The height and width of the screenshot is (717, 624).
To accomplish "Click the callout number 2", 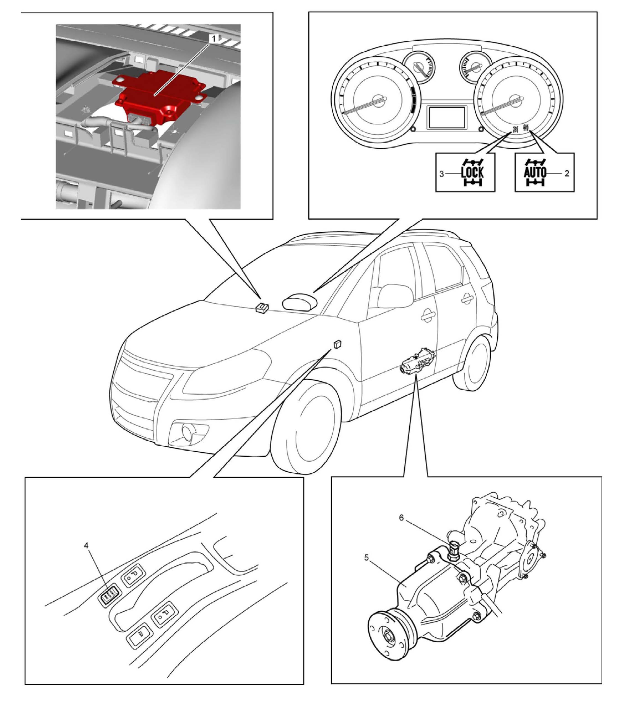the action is (566, 173).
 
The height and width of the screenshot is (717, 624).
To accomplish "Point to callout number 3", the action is (441, 173).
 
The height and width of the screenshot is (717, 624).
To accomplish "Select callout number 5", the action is (366, 557).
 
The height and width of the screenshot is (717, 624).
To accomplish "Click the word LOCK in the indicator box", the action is (472, 173).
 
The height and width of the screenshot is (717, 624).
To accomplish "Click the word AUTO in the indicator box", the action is (535, 172).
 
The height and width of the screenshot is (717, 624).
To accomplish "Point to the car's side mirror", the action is (395, 296).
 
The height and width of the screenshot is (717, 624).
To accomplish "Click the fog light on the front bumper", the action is (188, 433).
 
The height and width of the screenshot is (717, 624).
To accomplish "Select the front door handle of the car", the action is (428, 316).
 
